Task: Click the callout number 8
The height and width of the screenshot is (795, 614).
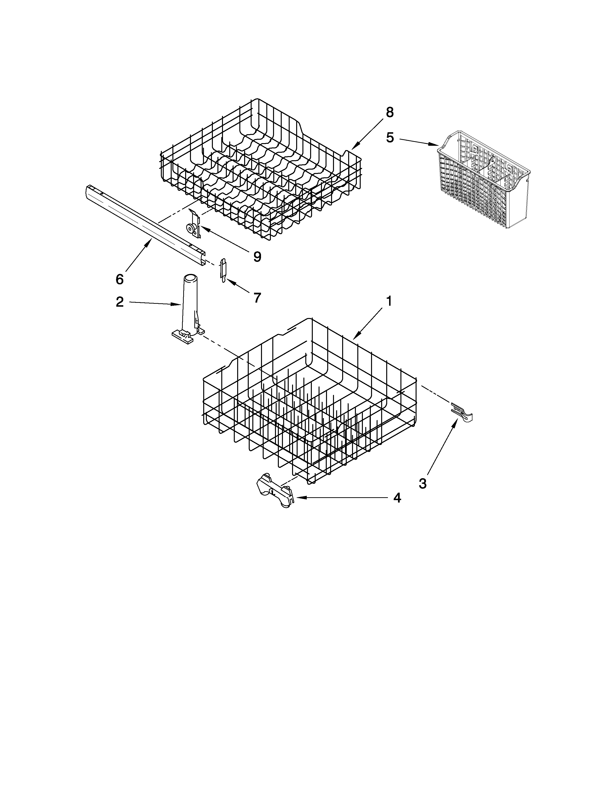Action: tap(390, 113)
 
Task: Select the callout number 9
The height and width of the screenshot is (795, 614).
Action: tap(257, 257)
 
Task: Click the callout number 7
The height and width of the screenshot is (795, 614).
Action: tap(257, 298)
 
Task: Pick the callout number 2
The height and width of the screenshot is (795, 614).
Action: tap(120, 302)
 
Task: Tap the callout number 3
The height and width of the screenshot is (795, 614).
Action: tap(422, 484)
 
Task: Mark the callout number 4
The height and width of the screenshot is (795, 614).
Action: tap(397, 498)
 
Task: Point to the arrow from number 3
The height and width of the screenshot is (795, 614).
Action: tap(442, 446)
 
